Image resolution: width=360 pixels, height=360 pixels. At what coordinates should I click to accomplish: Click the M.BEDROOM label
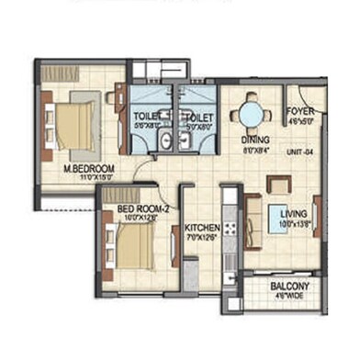tap(88, 169)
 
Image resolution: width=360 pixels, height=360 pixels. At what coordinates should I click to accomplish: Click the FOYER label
tap(300, 108)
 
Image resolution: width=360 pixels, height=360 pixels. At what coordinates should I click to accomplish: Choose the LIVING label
tap(294, 214)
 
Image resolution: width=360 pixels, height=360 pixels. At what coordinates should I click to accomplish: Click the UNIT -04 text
tap(302, 152)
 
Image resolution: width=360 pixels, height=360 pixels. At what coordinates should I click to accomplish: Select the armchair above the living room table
tap(277, 184)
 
